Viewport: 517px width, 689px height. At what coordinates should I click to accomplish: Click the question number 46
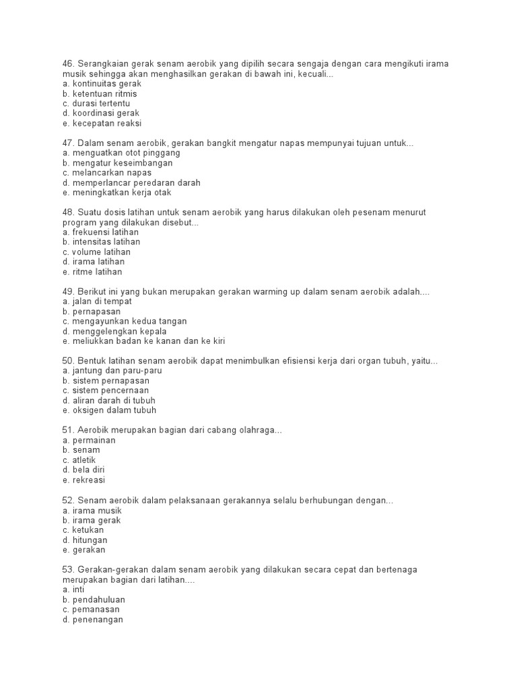point(67,64)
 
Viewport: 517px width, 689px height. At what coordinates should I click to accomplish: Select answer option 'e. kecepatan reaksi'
point(102,124)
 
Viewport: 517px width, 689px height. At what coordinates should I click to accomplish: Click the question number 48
point(67,212)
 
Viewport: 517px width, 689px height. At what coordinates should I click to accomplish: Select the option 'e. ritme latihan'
point(93,272)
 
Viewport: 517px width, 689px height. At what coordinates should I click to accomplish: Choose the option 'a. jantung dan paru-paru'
point(112,371)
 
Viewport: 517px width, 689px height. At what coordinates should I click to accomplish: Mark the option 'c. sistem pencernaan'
point(106,390)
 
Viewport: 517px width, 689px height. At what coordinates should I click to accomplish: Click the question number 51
point(67,430)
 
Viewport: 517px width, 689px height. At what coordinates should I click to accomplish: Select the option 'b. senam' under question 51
point(81,449)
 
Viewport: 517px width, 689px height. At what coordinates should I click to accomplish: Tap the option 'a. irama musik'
point(92,509)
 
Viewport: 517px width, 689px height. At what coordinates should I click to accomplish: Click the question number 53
point(67,569)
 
